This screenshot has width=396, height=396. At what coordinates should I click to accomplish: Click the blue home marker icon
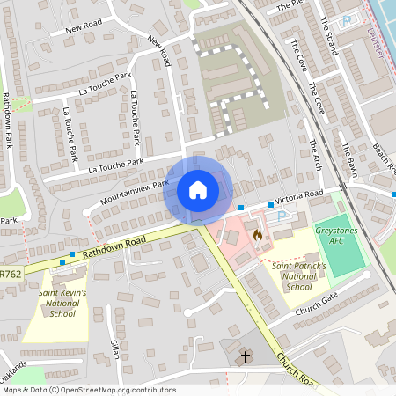(x=198, y=190)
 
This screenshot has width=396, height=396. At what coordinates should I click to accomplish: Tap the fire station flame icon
(x=257, y=235)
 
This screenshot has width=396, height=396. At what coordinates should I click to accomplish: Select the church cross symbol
(x=244, y=356)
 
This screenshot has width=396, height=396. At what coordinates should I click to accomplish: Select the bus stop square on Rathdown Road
(x=72, y=255)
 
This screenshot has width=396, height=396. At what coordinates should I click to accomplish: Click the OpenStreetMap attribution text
(x=88, y=390)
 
